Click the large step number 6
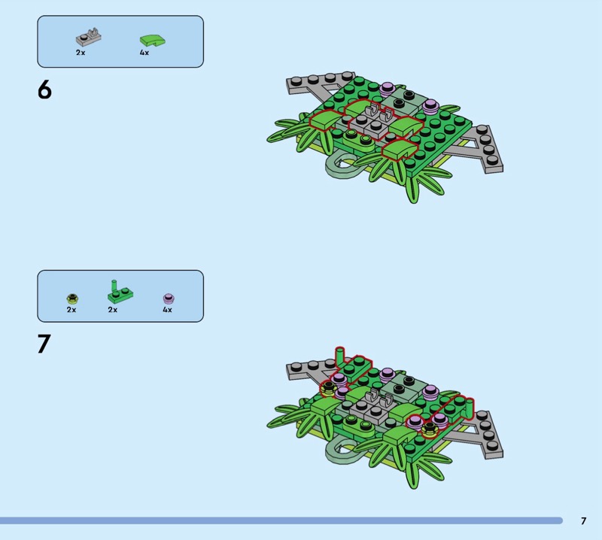click(x=44, y=89)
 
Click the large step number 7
click(x=44, y=344)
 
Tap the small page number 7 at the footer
click(x=584, y=520)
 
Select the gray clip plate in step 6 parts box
click(x=89, y=37)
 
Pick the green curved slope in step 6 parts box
click(x=153, y=41)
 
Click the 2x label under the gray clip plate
click(x=81, y=53)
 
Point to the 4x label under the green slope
click(x=144, y=53)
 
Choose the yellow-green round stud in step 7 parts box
click(x=72, y=299)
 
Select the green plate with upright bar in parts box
click(x=120, y=292)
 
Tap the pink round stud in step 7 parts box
click(x=169, y=299)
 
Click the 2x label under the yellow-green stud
click(x=71, y=310)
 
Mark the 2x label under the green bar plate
click(x=112, y=310)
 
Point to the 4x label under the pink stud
click(x=167, y=310)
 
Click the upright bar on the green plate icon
click(x=114, y=287)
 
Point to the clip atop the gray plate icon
click(x=93, y=33)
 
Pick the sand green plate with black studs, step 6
click(x=403, y=102)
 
